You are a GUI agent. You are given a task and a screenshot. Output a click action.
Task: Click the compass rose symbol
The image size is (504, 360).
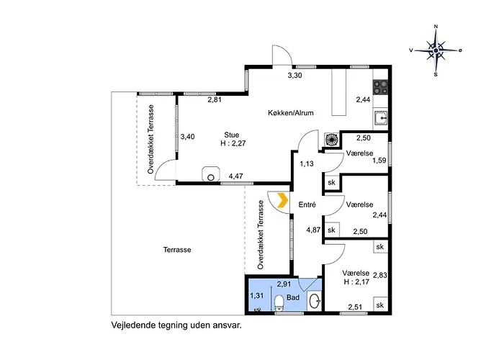436,50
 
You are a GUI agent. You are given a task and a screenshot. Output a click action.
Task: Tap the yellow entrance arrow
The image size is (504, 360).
283,201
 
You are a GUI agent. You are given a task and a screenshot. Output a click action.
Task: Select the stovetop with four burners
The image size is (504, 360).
380,87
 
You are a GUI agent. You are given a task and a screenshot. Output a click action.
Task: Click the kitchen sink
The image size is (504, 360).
381,119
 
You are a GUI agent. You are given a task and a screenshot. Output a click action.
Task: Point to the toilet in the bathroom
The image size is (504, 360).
279,303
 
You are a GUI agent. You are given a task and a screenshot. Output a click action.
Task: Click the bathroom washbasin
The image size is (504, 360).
314,301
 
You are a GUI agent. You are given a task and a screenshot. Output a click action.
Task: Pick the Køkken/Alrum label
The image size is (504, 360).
291,113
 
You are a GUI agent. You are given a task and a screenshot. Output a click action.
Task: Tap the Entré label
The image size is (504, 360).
307,204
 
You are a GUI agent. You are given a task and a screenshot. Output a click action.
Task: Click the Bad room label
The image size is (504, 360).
293,297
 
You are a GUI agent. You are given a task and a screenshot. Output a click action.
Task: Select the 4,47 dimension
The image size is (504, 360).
235,176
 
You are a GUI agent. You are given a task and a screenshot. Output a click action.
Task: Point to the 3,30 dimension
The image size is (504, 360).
294,76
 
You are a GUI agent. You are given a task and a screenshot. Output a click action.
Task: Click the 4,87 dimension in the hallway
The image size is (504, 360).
313,230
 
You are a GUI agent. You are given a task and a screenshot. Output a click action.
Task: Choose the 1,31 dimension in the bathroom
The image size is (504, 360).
257,295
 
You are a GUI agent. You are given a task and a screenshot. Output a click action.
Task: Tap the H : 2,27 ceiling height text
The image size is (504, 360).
233,143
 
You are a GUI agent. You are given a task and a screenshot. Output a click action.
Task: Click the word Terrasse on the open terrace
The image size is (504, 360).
177,250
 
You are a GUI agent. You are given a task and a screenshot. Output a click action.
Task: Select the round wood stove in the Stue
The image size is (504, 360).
211,175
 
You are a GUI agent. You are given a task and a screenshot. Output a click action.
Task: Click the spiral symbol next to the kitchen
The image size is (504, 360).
330,139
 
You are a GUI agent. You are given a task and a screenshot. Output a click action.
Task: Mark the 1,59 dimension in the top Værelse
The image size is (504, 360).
379,160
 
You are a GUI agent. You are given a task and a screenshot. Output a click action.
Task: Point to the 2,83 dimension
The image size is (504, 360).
379,275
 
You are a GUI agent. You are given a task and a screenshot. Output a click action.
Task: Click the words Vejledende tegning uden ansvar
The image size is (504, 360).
176,325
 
